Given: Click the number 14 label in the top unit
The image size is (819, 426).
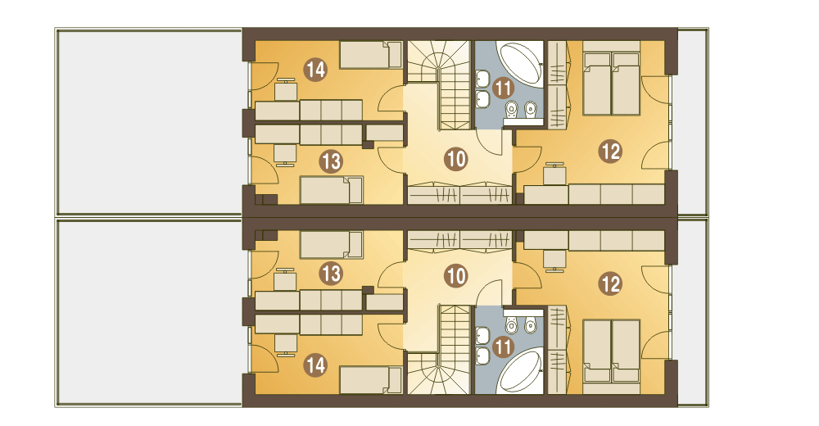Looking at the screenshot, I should (x=315, y=70).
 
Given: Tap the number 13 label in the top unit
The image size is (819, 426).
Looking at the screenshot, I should (x=331, y=161).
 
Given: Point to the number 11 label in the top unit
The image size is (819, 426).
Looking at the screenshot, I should (x=502, y=88).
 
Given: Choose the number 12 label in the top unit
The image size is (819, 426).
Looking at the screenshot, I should (x=610, y=151).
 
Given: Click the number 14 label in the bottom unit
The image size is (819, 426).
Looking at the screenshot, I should (x=315, y=364).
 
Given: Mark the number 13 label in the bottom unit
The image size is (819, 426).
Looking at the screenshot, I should (x=331, y=273).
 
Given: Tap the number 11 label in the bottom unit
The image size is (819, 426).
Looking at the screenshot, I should (x=502, y=347).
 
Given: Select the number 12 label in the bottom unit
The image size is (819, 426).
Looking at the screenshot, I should (x=610, y=283).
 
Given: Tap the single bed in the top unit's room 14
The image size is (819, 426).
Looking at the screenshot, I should (x=370, y=55).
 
